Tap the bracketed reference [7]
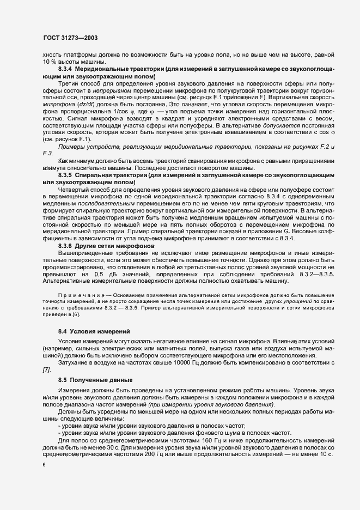point(47,370)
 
